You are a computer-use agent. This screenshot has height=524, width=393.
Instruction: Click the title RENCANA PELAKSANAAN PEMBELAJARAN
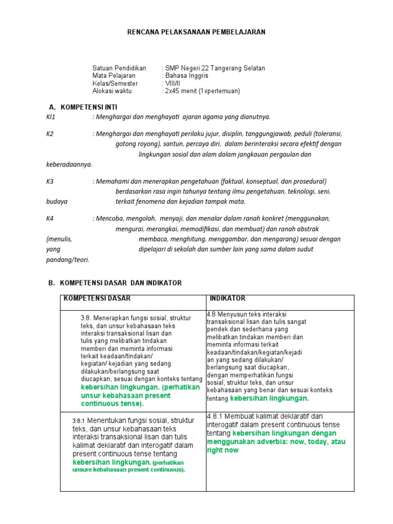(x=196, y=32)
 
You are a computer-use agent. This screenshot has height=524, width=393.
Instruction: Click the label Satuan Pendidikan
(x=119, y=68)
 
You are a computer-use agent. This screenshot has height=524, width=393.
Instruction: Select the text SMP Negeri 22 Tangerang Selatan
(x=214, y=68)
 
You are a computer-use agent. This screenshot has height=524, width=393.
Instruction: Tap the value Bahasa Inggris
(x=185, y=76)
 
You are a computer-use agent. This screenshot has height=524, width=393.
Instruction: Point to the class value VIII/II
(x=170, y=83)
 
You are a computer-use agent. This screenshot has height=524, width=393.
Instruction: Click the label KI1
(x=50, y=117)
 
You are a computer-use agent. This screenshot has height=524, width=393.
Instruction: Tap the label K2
(x=50, y=134)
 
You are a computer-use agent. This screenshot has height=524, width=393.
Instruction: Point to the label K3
(x=50, y=181)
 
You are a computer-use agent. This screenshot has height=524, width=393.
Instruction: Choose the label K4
(x=50, y=219)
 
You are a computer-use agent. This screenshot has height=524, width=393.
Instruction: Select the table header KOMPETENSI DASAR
(x=97, y=298)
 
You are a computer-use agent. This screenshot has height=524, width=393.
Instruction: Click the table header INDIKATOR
(x=228, y=298)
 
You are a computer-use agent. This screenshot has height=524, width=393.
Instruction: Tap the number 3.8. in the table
(x=86, y=318)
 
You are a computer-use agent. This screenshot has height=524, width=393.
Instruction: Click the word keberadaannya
(x=69, y=164)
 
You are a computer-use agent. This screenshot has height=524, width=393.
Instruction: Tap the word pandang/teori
(x=68, y=259)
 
